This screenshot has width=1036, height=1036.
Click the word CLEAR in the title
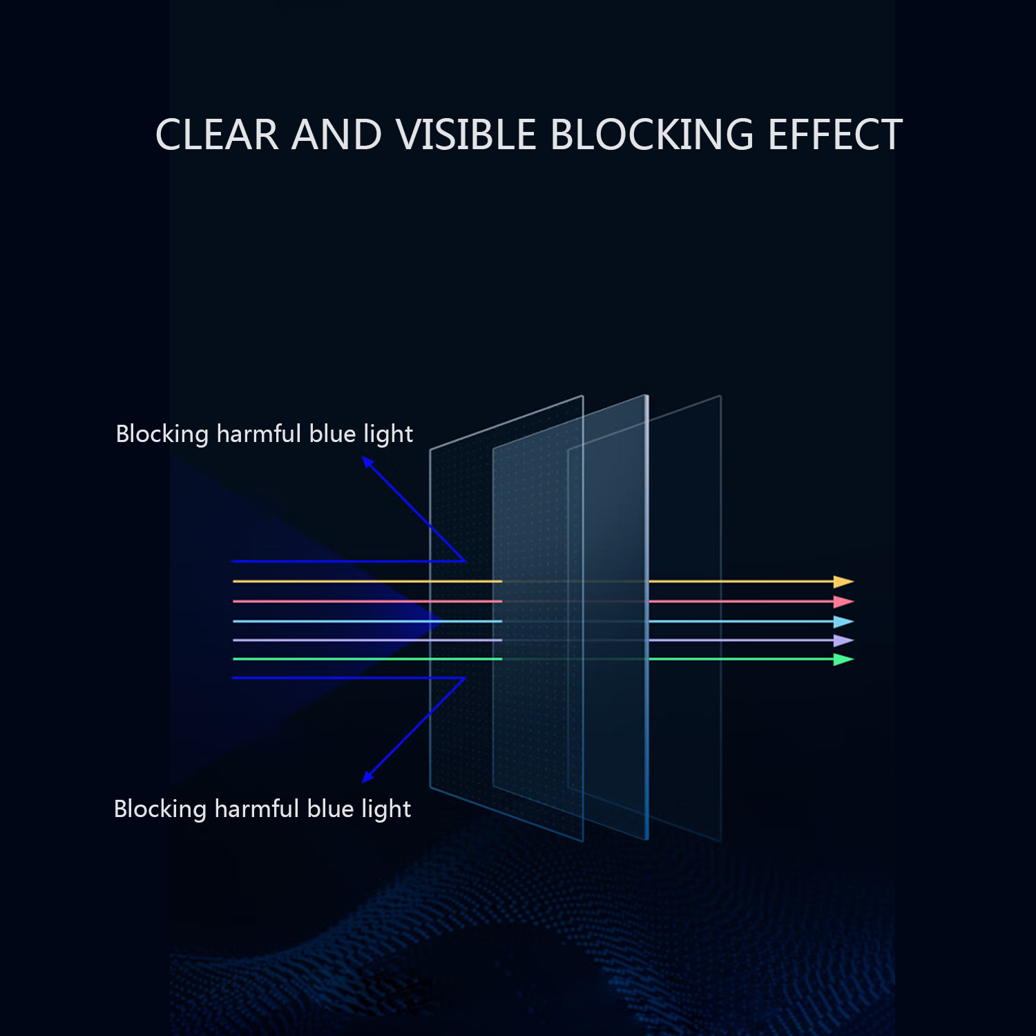pyautogui.click(x=217, y=134)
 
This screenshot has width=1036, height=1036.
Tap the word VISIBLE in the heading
pyautogui.click(x=466, y=134)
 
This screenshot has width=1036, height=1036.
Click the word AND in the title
pyautogui.click(x=337, y=134)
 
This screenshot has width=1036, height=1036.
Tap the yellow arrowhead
pyautogui.click(x=843, y=582)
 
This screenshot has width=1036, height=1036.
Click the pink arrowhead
pyautogui.click(x=843, y=602)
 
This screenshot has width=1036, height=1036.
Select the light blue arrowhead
pyautogui.click(x=843, y=622)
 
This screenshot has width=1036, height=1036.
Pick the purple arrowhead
pyautogui.click(x=843, y=640)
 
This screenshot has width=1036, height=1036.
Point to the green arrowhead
pyautogui.click(x=843, y=660)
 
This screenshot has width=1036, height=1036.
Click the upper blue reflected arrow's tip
pyautogui.click(x=363, y=457)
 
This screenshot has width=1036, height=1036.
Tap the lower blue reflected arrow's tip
pyautogui.click(x=363, y=782)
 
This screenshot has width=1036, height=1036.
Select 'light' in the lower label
pyautogui.click(x=386, y=809)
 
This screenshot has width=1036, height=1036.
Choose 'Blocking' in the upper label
pyautogui.click(x=162, y=434)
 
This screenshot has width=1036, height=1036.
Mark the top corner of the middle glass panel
pyautogui.click(x=647, y=395)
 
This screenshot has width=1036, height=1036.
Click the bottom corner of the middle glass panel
pyautogui.click(x=647, y=840)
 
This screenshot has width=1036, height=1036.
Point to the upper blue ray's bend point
pyautogui.click(x=465, y=561)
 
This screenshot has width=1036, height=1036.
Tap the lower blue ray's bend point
pyautogui.click(x=465, y=678)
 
